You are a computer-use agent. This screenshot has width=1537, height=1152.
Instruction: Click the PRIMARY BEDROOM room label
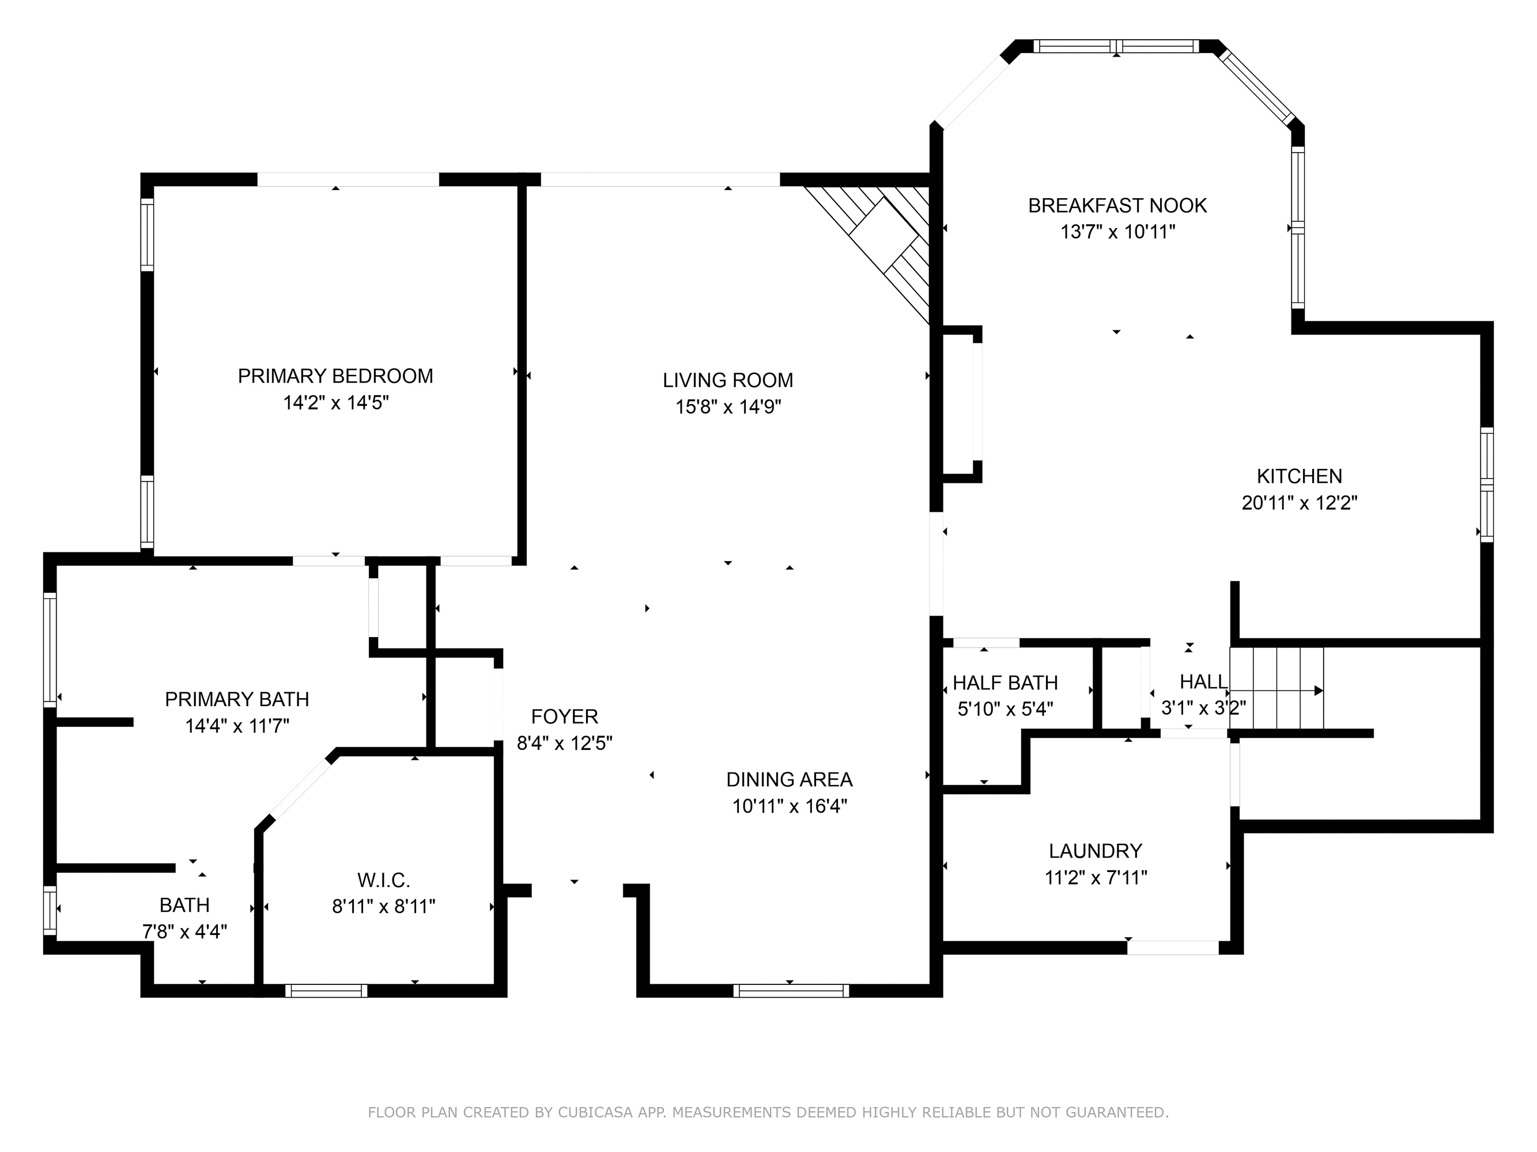[x=335, y=376]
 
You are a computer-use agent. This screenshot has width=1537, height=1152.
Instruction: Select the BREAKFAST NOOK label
[x=1117, y=206]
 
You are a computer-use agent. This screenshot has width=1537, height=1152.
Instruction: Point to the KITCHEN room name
[x=1300, y=476]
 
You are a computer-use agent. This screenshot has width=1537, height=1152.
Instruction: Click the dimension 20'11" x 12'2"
[x=1300, y=503]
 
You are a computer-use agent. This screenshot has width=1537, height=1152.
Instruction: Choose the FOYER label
[x=564, y=717]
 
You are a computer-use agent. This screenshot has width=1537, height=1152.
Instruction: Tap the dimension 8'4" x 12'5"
[x=564, y=744]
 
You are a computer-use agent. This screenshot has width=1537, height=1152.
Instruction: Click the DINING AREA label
[x=790, y=780]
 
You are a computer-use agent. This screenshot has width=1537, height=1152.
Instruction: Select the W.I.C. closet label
[x=384, y=881]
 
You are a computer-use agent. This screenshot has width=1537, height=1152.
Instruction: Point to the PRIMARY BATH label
[x=237, y=699]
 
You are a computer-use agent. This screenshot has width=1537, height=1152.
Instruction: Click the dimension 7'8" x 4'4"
[x=185, y=932]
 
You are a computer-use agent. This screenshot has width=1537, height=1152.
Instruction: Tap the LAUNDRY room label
[x=1096, y=851]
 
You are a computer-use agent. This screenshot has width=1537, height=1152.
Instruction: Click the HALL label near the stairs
[x=1203, y=682]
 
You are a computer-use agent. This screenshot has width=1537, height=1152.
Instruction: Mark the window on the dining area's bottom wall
[x=791, y=991]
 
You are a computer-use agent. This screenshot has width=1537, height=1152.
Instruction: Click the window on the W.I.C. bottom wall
[x=326, y=991]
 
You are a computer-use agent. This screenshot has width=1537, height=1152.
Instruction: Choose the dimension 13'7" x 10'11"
[x=1117, y=232]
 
